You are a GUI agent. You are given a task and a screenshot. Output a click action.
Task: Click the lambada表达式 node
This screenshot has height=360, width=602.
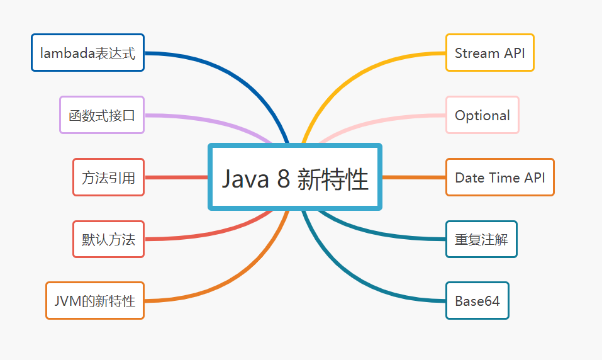(x=87, y=53)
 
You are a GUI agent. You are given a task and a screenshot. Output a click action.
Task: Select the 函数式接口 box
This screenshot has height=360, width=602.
(x=102, y=115)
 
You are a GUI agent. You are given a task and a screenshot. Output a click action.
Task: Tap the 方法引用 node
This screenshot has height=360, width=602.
(x=108, y=177)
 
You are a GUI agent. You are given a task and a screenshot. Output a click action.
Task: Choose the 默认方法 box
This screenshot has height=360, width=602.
(x=108, y=239)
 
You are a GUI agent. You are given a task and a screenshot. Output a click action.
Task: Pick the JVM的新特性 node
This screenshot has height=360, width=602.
(x=95, y=300)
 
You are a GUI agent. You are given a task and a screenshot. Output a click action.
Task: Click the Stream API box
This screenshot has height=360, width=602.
(x=489, y=53)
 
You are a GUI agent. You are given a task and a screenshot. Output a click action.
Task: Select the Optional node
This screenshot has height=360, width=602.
(x=482, y=115)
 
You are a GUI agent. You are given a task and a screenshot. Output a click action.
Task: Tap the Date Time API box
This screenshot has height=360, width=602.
(x=499, y=177)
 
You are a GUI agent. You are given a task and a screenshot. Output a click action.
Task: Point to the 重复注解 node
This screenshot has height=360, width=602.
(x=481, y=239)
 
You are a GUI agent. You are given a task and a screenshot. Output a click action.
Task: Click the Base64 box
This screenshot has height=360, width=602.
(x=477, y=301)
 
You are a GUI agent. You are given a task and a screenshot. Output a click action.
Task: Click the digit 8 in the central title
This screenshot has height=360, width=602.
(x=283, y=179)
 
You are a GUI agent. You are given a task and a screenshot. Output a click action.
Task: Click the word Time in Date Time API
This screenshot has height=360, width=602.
(x=504, y=177)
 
